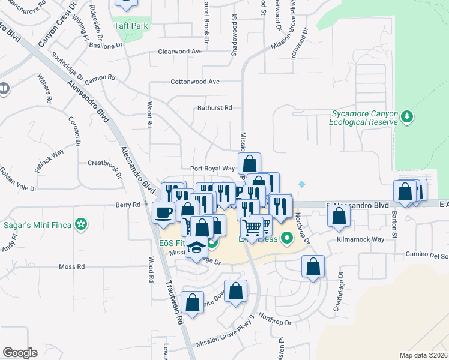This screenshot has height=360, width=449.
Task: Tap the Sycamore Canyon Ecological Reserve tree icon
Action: (408, 116)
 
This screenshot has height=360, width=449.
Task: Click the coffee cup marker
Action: (163, 212)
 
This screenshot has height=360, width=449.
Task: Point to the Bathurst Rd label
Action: (214, 108)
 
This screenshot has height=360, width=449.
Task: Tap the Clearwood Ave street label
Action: (180, 52)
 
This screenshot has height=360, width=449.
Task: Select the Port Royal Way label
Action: (212, 169)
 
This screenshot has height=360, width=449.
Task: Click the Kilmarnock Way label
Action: (360, 239)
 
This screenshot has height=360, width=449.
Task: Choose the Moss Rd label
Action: (72, 266)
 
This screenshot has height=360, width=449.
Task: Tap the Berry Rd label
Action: (128, 205)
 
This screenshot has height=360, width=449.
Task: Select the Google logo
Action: (20, 352)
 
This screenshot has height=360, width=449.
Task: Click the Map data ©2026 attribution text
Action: (424, 355)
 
